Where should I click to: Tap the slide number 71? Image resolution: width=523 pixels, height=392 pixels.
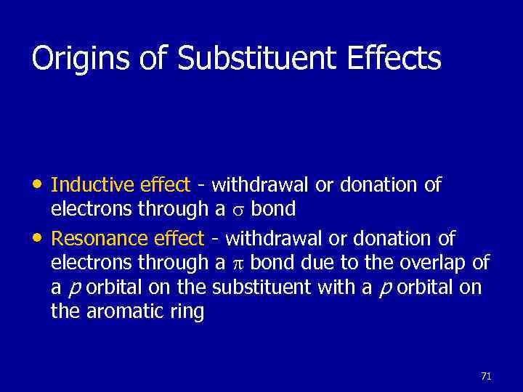tap(486, 376)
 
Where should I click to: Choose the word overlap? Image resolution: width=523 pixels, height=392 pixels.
tap(432, 263)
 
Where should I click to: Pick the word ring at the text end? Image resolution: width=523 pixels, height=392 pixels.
tap(188, 314)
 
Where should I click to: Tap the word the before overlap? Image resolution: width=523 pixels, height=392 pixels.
tap(379, 263)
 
